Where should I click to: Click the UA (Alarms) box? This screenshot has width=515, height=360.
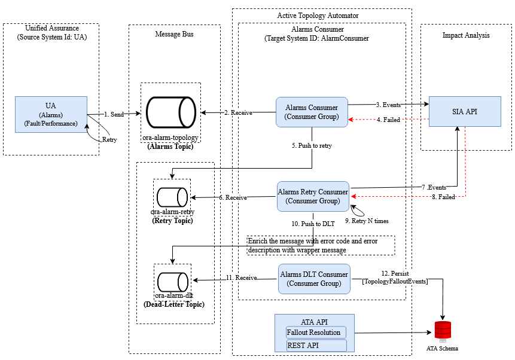click(51, 115)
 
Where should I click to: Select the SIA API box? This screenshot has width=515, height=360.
click(465, 111)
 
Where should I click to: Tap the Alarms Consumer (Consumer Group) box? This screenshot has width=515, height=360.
click(312, 112)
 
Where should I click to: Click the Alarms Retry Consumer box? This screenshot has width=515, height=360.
click(313, 196)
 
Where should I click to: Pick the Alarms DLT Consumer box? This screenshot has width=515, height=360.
click(314, 279)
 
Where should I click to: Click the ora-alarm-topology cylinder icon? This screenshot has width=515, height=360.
click(171, 112)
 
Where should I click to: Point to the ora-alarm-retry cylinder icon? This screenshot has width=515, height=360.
click(172, 197)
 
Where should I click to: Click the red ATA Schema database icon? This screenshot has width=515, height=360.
click(443, 331)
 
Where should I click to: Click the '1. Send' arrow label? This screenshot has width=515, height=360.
click(114, 114)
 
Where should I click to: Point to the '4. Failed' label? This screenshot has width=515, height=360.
click(388, 120)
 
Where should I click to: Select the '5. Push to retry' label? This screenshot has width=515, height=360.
click(312, 146)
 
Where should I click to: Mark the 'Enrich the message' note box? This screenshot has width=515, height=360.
click(321, 245)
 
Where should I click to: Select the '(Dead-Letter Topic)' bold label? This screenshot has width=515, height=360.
click(174, 304)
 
